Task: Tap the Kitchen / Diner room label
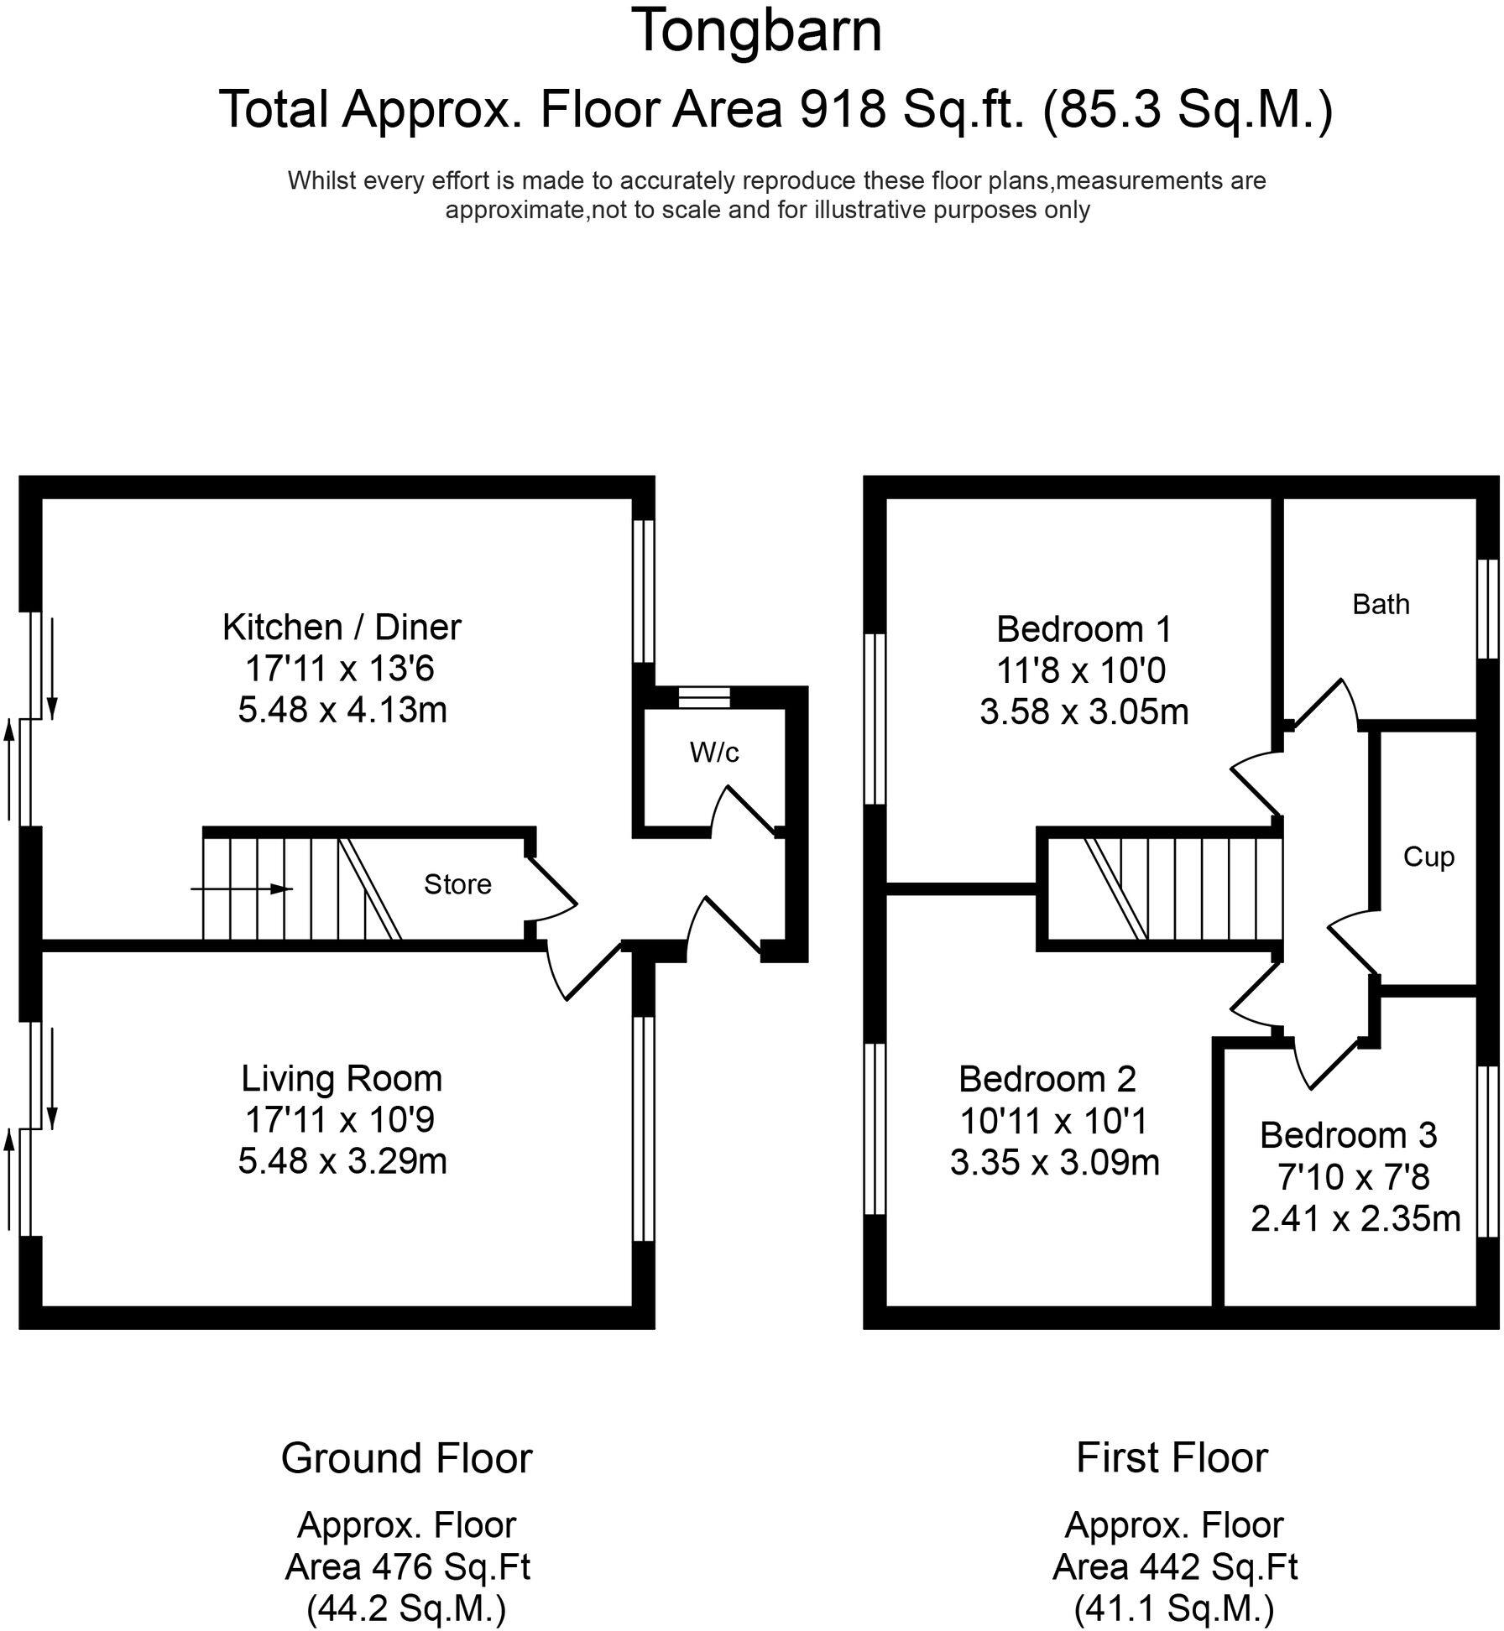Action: pyautogui.click(x=342, y=627)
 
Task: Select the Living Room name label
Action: pyautogui.click(x=342, y=1078)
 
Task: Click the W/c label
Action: pyautogui.click(x=714, y=753)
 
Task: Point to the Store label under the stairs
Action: pyautogui.click(x=457, y=884)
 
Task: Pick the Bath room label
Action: pyautogui.click(x=1381, y=604)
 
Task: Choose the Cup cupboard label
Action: pyautogui.click(x=1428, y=857)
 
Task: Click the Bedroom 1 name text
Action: pyautogui.click(x=1084, y=628)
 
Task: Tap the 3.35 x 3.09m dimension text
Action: pyautogui.click(x=1055, y=1162)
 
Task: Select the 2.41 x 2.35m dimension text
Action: pyautogui.click(x=1355, y=1218)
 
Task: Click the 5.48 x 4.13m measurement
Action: pyautogui.click(x=342, y=710)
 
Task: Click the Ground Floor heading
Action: pyautogui.click(x=406, y=1458)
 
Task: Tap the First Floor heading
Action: pyautogui.click(x=1172, y=1457)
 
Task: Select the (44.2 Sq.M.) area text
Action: pyautogui.click(x=407, y=1608)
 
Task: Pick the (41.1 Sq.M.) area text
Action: pyautogui.click(x=1174, y=1608)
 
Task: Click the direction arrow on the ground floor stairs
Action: pyautogui.click(x=243, y=888)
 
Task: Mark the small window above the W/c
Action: pyautogui.click(x=704, y=697)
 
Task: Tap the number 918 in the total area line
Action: pyautogui.click(x=843, y=109)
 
